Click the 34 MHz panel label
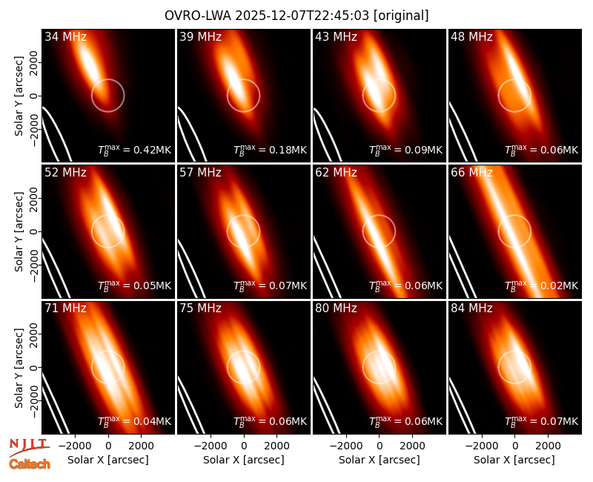[65, 36]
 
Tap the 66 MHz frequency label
[471, 173]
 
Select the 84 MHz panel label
[471, 308]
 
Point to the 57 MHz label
[200, 173]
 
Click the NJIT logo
[29, 447]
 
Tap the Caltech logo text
[30, 464]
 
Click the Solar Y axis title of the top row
[19, 96]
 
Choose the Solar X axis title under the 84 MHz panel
[514, 460]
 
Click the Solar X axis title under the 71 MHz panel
[107, 460]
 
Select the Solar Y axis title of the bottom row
[19, 367]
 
